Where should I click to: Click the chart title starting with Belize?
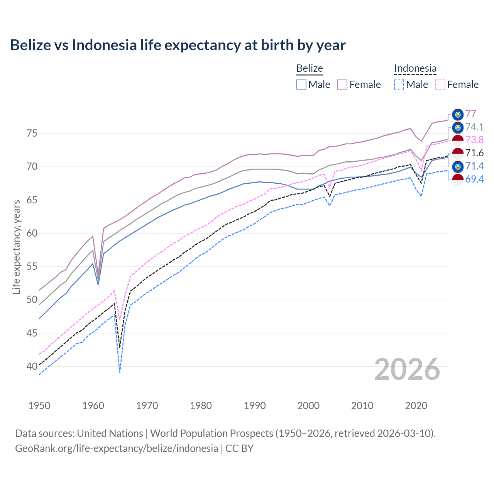click(x=178, y=45)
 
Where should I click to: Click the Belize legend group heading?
click(x=310, y=68)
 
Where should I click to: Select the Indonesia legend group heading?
click(x=415, y=68)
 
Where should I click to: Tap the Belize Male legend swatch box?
click(x=301, y=85)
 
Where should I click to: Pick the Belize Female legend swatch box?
click(x=342, y=85)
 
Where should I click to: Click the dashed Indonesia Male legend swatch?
click(x=399, y=85)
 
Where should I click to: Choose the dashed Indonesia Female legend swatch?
click(x=440, y=85)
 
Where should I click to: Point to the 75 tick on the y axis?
click(x=32, y=134)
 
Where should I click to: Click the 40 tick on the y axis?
click(x=32, y=366)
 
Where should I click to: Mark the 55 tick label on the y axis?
click(x=32, y=267)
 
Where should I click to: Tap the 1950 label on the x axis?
click(x=39, y=406)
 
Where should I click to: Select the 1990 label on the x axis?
click(x=255, y=406)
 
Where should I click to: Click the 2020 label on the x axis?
click(x=416, y=406)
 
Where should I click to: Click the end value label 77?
click(x=471, y=114)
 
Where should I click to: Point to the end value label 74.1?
click(x=474, y=127)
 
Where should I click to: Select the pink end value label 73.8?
click(x=474, y=140)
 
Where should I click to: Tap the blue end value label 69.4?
click(x=474, y=179)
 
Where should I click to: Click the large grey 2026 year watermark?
click(x=407, y=370)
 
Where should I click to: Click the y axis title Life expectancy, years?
click(x=17, y=247)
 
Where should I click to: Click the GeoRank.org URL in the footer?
click(x=117, y=448)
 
